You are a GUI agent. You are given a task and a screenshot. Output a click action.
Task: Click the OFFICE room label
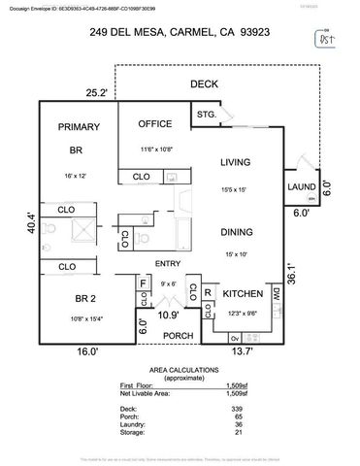[155, 124]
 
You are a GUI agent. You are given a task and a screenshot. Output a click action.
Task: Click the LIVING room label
[236, 162]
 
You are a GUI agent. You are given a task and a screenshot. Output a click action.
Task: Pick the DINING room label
[236, 233]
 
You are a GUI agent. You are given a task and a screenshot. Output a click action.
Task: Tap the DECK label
[205, 84]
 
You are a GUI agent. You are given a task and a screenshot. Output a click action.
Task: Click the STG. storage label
[206, 116]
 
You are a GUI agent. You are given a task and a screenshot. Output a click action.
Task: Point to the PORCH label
[177, 336]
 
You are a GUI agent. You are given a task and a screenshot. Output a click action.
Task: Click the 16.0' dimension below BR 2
[86, 352]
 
